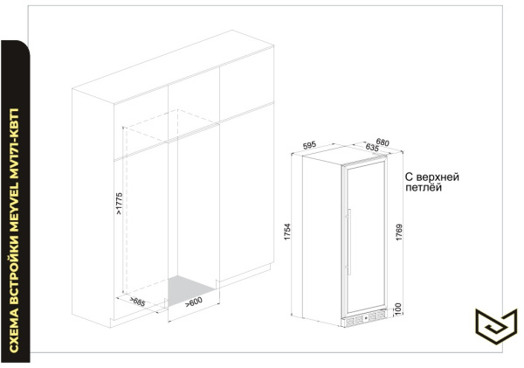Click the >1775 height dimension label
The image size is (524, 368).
click(x=120, y=204)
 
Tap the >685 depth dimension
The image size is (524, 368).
click(x=137, y=302)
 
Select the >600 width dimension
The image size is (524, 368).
click(x=194, y=302)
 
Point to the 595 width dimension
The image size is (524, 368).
click(x=309, y=145)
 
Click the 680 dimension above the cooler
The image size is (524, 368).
click(x=383, y=142)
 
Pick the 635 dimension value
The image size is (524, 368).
click(x=372, y=147)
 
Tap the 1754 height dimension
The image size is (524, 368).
click(x=287, y=232)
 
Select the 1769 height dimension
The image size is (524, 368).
click(x=399, y=233)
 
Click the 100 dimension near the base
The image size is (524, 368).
click(x=397, y=308)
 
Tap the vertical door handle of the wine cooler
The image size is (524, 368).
click(x=348, y=241)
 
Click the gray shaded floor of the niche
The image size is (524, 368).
click(x=189, y=289)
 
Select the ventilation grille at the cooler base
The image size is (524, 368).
click(x=365, y=317)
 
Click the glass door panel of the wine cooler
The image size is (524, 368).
click(x=365, y=239)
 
